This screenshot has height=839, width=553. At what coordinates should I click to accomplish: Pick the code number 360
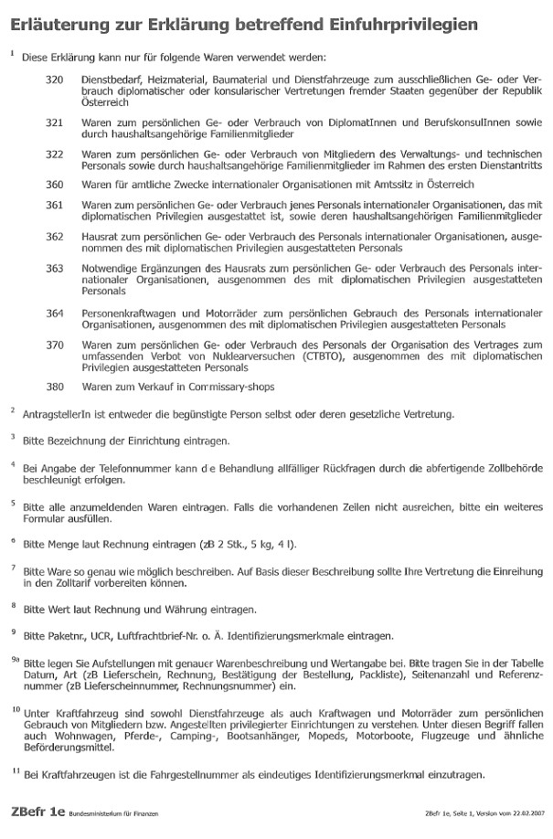54,184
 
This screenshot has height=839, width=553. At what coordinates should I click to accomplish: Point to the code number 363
54,269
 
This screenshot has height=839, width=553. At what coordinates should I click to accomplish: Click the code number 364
54,313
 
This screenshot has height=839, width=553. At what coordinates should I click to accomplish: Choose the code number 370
54,345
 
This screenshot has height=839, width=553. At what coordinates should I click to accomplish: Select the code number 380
54,387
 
